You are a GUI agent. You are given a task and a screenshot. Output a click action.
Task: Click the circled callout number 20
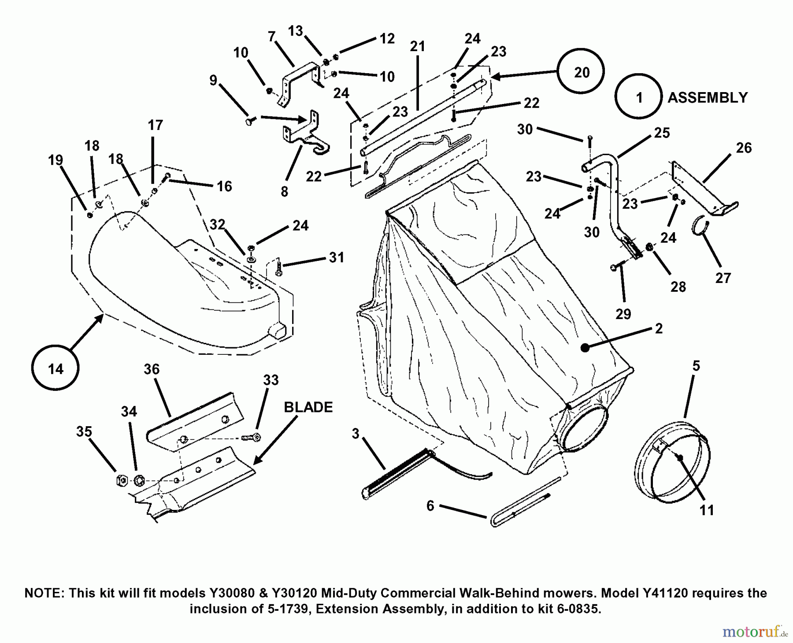point(581,72)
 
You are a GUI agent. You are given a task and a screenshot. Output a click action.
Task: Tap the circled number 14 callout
point(56,368)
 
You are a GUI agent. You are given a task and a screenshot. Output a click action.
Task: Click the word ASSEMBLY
point(708,97)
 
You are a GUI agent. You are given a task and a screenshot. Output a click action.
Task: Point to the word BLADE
point(308,407)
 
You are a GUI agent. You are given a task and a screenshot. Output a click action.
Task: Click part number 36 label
point(152,369)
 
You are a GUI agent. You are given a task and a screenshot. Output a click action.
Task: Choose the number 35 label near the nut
point(84,431)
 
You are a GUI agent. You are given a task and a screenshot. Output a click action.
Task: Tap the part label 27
point(723,278)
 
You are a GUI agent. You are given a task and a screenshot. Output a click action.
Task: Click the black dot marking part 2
point(585,347)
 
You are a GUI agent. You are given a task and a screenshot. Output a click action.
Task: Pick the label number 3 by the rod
point(356,434)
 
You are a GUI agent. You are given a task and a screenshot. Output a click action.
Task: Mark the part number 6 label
point(430,505)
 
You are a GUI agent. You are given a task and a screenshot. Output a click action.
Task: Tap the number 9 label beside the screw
point(213,80)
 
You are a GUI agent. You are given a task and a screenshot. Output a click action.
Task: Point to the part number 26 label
point(744,148)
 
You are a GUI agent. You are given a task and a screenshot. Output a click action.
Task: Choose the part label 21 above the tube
point(417,46)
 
